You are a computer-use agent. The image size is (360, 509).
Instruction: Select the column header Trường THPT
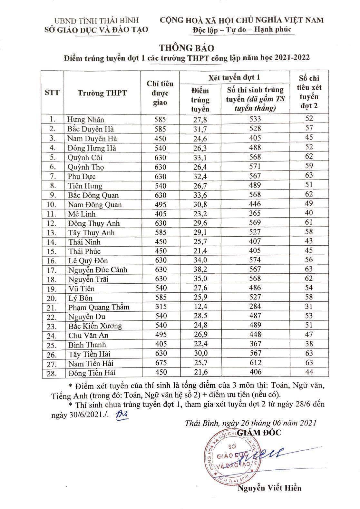[x=102, y=93]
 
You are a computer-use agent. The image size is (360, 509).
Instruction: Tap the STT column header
[x=52, y=93]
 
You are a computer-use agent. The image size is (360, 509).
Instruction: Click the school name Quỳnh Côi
[x=85, y=158]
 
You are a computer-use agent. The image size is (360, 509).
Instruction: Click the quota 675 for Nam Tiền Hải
[x=160, y=363]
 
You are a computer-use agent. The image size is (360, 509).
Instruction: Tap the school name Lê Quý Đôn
[x=88, y=260]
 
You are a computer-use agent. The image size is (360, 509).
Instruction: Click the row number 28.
[x=51, y=373]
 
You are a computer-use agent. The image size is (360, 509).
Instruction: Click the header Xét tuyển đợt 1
[x=234, y=77]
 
